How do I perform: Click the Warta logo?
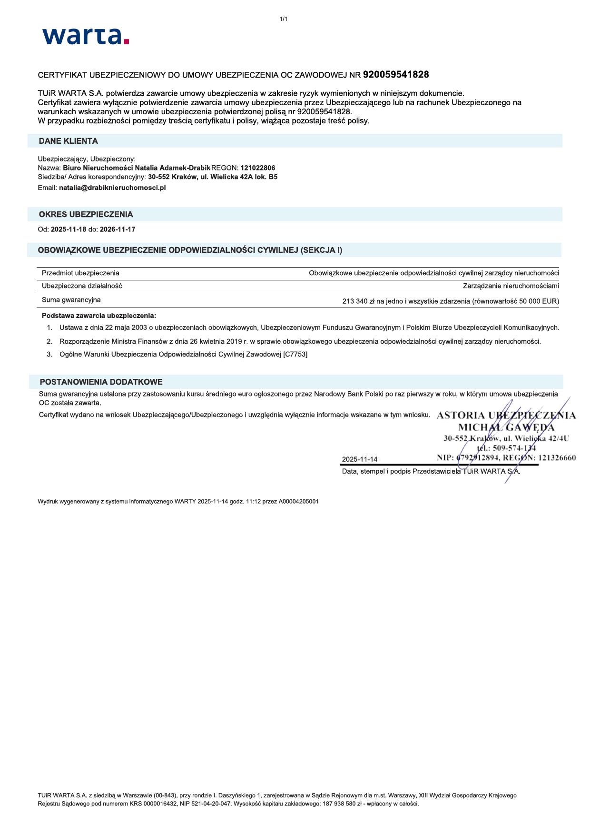pyautogui.click(x=86, y=36)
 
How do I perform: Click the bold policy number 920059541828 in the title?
pyautogui.click(x=396, y=75)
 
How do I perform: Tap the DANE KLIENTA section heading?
pyautogui.click(x=68, y=141)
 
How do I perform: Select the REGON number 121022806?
pyautogui.click(x=258, y=168)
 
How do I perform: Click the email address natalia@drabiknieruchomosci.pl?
pyautogui.click(x=112, y=188)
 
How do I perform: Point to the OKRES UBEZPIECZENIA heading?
pyautogui.click(x=86, y=214)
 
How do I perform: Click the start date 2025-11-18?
pyautogui.click(x=69, y=229)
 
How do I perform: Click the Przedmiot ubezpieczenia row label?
pyautogui.click(x=80, y=273)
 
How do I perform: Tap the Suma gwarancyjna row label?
pyautogui.click(x=71, y=300)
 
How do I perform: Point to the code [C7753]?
pyautogui.click(x=295, y=354)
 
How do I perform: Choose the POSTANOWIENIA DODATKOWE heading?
pyautogui.click(x=101, y=382)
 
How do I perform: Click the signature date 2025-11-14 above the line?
pyautogui.click(x=359, y=459)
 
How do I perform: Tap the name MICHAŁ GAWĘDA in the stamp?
pyautogui.click(x=506, y=427)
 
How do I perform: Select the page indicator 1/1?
pyautogui.click(x=284, y=19)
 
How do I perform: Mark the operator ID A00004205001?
pyautogui.click(x=299, y=501)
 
